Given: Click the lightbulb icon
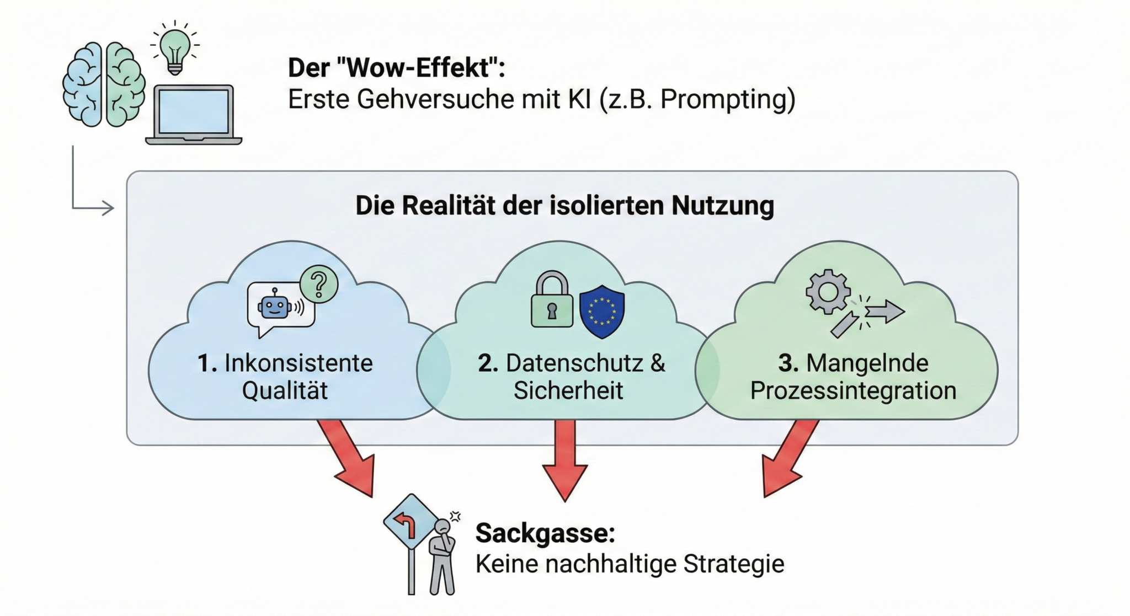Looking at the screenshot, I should coord(175,49).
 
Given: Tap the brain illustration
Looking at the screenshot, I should coord(103,84).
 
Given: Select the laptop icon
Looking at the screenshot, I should coord(194,115).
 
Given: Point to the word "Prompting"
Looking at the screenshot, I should coord(727,100).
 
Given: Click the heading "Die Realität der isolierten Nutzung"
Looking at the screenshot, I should coord(564,206).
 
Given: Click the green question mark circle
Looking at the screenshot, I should coord(319,284).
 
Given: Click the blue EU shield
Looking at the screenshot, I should coord(602,310).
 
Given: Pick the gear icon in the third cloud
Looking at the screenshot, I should coord(828,292).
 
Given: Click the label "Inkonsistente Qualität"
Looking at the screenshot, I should coord(285,377).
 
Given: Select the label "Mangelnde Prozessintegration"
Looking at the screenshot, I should coord(853,377).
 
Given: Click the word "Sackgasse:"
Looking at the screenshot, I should coord(545,533).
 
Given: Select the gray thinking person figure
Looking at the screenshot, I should coord(443,557).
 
